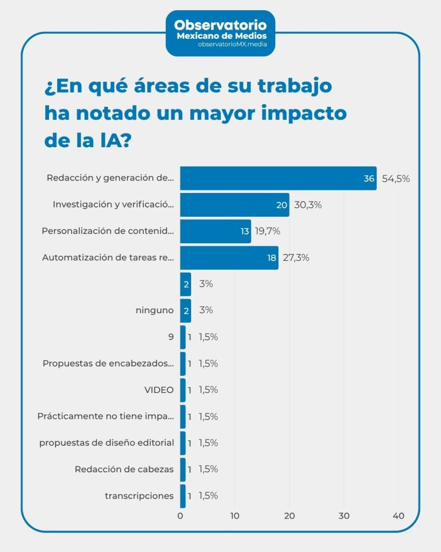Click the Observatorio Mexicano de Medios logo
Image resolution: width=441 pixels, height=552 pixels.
[220, 33]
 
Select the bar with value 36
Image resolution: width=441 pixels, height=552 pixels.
[278, 178]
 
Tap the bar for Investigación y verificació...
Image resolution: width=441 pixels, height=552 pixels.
[234, 205]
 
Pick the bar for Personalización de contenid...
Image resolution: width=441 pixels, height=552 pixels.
[215, 231]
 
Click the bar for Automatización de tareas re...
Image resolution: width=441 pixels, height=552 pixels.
[229, 258]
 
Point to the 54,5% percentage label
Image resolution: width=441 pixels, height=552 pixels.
[396, 178]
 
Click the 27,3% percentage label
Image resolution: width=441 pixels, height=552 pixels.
[296, 258]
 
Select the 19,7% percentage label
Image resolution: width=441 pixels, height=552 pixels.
[268, 231]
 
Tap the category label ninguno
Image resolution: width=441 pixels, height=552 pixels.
[155, 310]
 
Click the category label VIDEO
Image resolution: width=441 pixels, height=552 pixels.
[159, 390]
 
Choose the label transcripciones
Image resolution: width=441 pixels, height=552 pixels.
[139, 495]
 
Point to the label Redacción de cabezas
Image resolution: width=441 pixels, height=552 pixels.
[124, 469]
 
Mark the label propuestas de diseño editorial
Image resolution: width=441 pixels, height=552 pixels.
[107, 443]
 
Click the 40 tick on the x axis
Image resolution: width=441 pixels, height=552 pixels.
[398, 516]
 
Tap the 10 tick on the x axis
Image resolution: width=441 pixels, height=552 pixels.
[235, 516]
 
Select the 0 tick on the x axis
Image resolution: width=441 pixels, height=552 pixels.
[180, 516]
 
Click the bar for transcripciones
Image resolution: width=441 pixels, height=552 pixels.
[183, 495]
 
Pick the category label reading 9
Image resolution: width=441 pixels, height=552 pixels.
[171, 337]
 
